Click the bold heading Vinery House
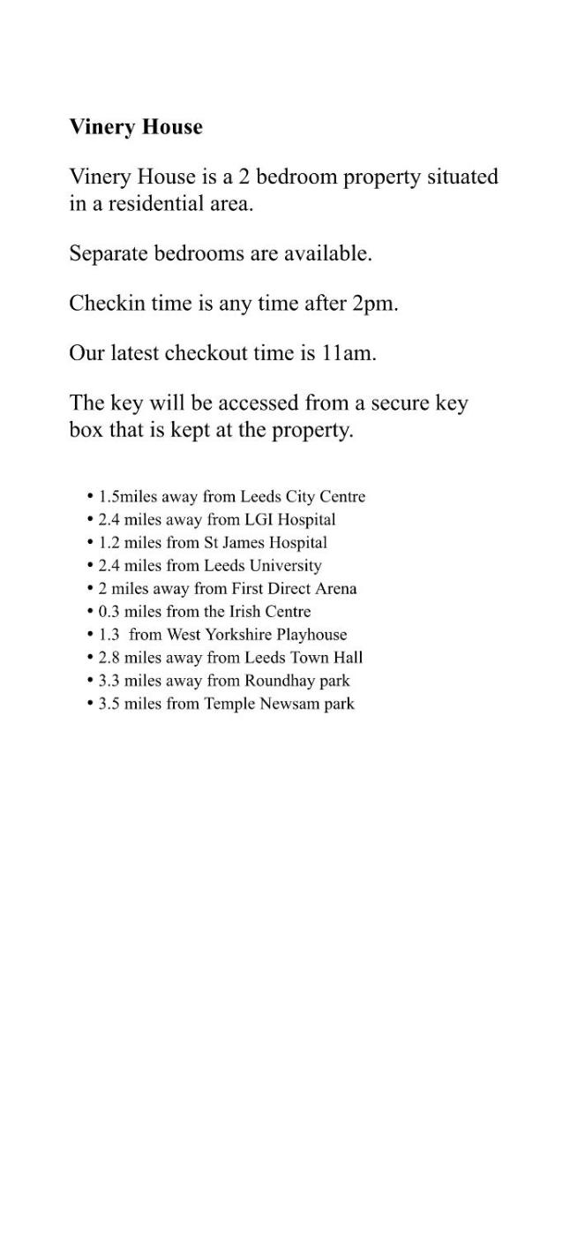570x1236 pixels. [136, 127]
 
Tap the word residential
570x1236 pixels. [163, 204]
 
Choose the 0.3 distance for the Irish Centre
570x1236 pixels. [109, 612]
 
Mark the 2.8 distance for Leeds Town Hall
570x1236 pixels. [109, 658]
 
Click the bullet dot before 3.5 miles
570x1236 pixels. [91, 704]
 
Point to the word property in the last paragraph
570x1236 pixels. [315, 431]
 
